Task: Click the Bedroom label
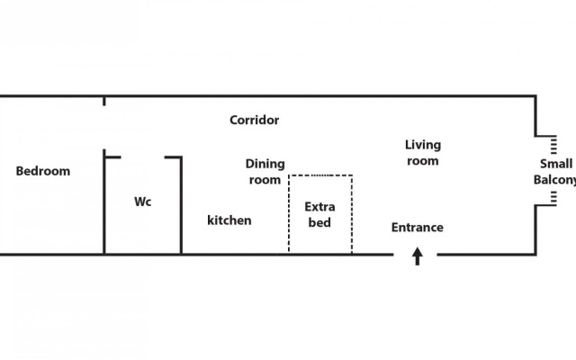coord(43,171)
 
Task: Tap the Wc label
coord(143,202)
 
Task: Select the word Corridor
coord(254,120)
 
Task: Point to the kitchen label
coord(229,220)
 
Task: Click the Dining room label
coord(265,171)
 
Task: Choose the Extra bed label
coord(319,214)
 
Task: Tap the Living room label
coord(422,152)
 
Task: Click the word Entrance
coord(417,228)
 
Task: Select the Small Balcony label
coord(554,171)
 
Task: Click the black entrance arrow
coord(418,257)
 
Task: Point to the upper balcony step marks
coord(553,145)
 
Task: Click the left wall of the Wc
coord(105,207)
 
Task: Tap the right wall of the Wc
coord(181,207)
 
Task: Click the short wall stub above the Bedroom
coord(104,101)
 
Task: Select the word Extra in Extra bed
coord(319,207)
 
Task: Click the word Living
coord(422,144)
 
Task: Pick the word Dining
coord(265,164)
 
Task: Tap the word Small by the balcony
coord(555,164)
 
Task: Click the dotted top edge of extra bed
coord(319,175)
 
